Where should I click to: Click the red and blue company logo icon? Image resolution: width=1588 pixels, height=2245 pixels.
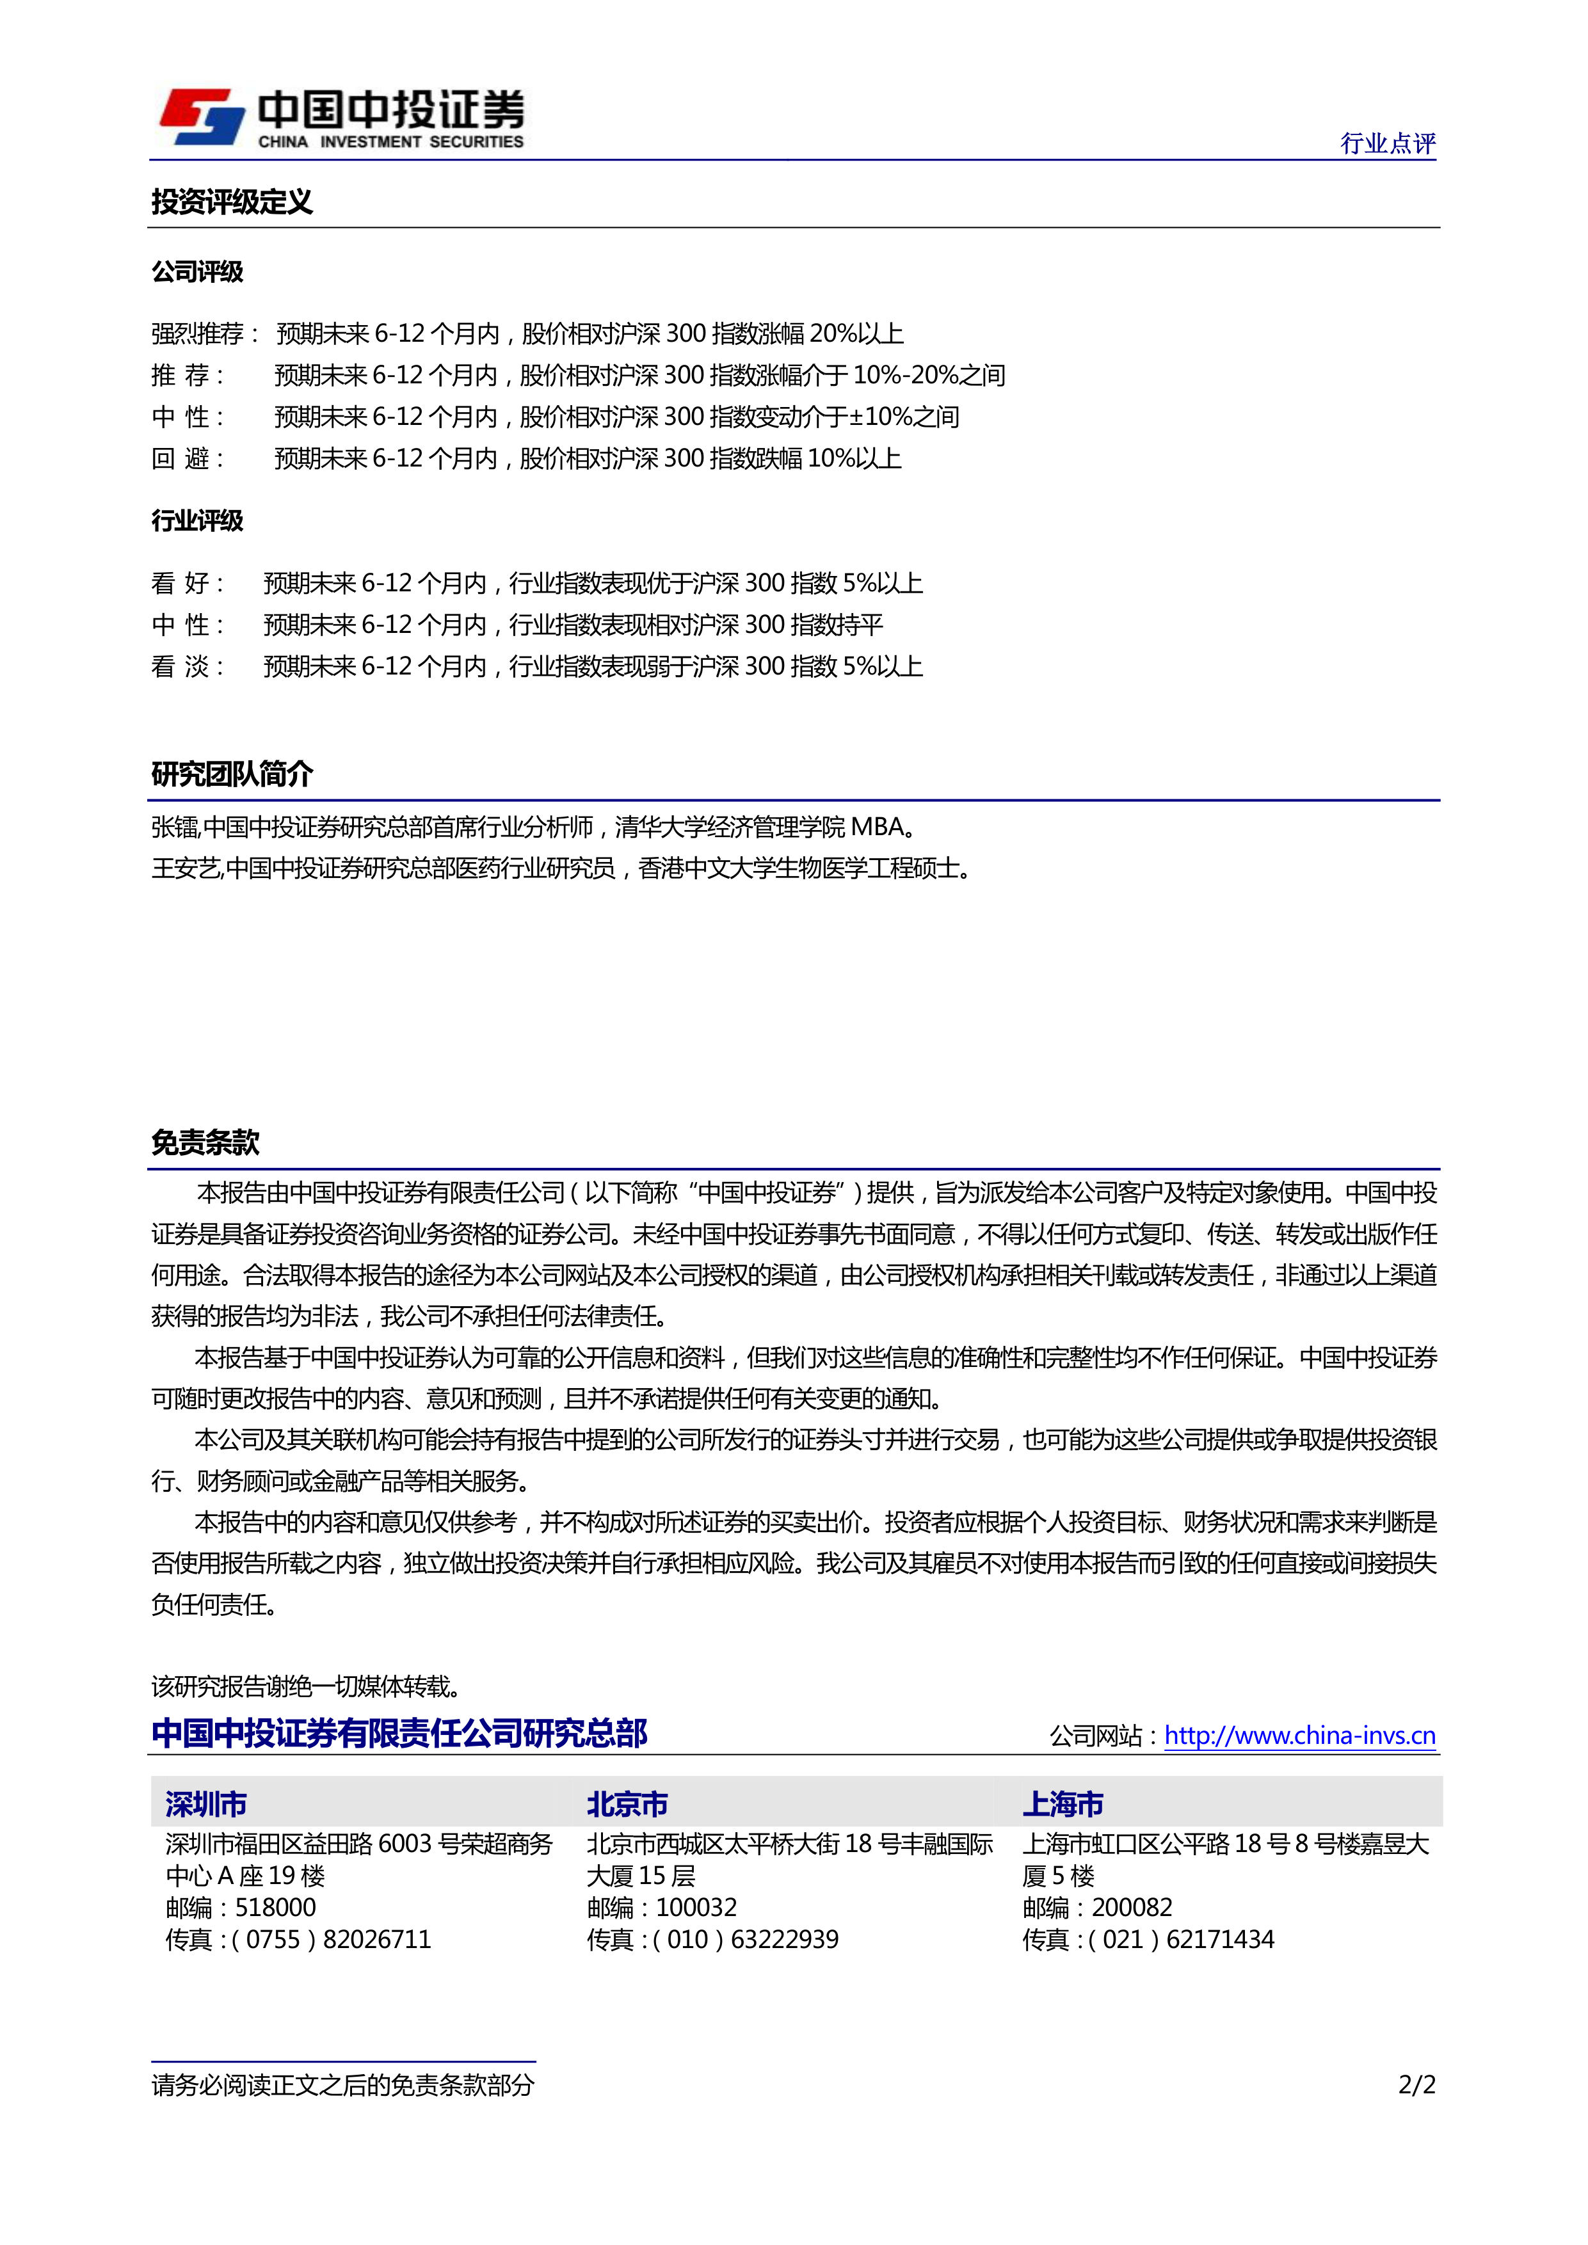pos(202,117)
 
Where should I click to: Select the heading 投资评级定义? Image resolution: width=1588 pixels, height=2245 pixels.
pos(232,202)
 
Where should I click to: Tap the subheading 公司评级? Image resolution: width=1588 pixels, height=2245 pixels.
pos(198,272)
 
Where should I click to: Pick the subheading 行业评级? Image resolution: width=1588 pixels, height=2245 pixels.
pos(198,520)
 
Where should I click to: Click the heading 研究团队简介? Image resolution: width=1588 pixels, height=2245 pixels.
pos(232,774)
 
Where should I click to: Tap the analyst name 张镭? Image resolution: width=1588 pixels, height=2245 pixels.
pos(175,827)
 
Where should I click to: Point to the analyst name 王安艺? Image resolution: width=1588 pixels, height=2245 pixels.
pos(186,868)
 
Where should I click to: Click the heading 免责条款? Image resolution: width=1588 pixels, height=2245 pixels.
pos(205,1142)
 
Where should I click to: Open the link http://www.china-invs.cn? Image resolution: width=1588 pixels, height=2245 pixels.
pos(1299,1736)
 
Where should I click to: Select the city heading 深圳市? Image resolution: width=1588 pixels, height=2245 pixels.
pos(206,1804)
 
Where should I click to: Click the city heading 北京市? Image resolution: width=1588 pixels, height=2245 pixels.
pos(628,1804)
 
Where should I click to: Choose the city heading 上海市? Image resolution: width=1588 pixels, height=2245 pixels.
pos(1063,1804)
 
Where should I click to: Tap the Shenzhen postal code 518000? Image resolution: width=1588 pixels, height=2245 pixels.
pos(276,1908)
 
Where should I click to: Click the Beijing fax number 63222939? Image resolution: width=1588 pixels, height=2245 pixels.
pos(784,1940)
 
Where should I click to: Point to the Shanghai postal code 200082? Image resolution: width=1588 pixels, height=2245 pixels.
pos(1132,1908)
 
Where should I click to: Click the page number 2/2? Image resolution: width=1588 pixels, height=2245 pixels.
pos(1416,2086)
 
